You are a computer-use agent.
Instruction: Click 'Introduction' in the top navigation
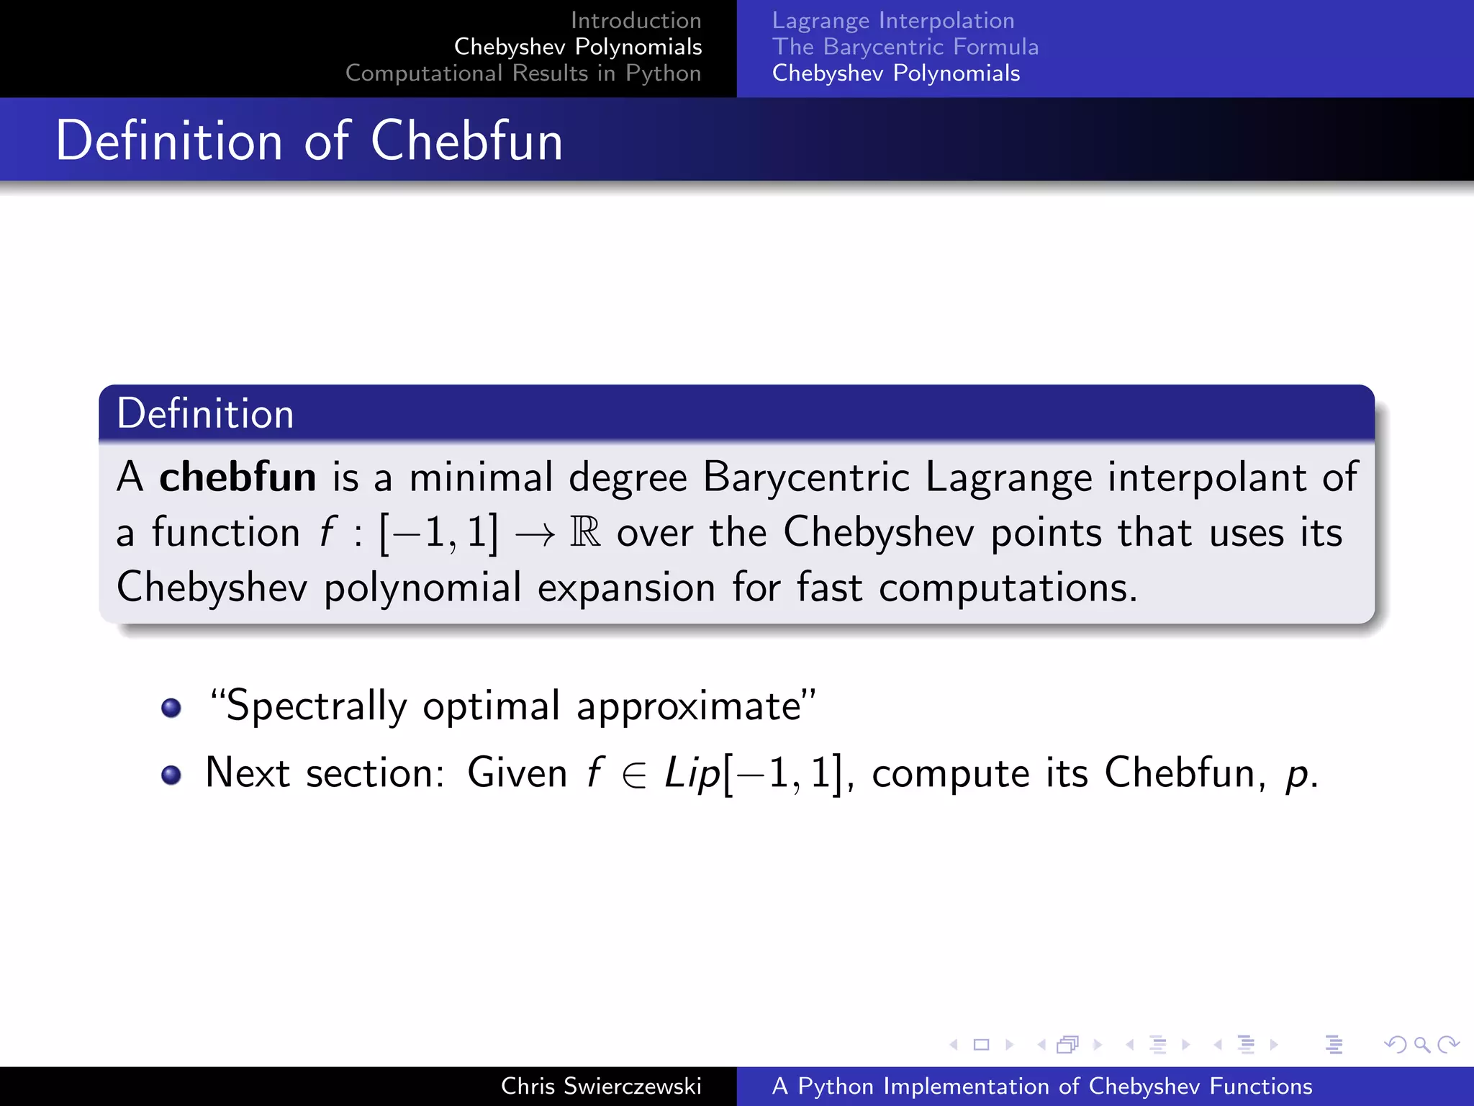(x=636, y=21)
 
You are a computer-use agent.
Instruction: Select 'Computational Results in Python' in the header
(x=523, y=73)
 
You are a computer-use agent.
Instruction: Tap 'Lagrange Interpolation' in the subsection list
(x=892, y=21)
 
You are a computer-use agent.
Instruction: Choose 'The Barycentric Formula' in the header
(x=905, y=48)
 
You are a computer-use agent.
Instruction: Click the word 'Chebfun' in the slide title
(x=466, y=140)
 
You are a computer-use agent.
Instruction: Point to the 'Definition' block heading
(x=205, y=414)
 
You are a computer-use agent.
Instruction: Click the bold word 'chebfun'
(x=238, y=477)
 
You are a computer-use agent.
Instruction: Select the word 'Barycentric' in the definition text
(x=806, y=477)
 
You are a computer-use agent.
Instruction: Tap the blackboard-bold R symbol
(x=585, y=533)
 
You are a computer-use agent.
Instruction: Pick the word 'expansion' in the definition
(x=626, y=588)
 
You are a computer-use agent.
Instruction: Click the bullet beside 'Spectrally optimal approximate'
(x=171, y=708)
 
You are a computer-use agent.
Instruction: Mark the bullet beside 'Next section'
(x=171, y=775)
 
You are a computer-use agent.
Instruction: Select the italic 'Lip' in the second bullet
(x=692, y=774)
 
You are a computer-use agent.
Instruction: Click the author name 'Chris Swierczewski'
(x=601, y=1087)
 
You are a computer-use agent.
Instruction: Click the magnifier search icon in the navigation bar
(x=1421, y=1045)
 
